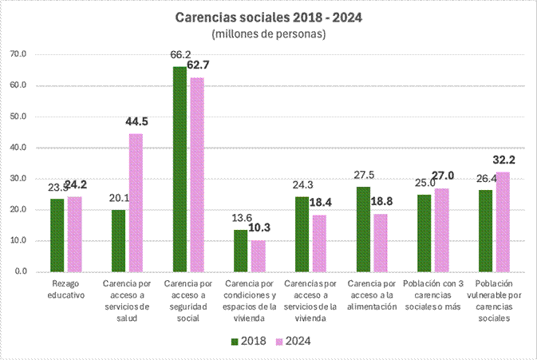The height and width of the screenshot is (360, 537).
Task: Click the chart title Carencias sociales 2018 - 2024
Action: click(x=269, y=17)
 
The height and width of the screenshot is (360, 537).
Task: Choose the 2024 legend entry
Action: click(x=293, y=342)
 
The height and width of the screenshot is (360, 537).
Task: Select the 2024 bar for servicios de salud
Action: click(x=136, y=203)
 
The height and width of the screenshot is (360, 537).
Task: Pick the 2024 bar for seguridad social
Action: click(x=196, y=175)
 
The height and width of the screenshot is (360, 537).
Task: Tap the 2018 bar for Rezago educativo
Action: click(x=57, y=235)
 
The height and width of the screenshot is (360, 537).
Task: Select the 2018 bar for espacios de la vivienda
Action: click(x=241, y=251)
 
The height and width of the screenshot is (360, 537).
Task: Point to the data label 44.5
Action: click(x=137, y=121)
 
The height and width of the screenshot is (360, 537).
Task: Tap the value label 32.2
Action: click(x=504, y=160)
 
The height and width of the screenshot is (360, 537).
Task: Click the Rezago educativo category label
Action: click(x=65, y=288)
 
